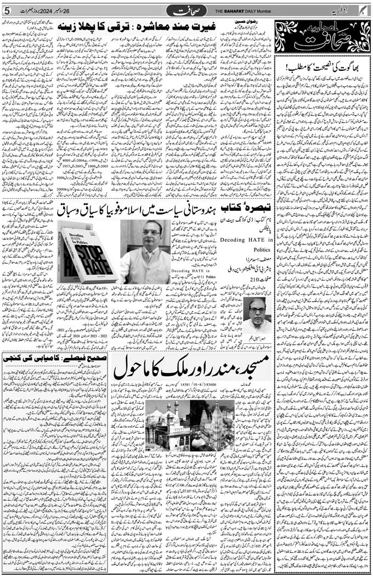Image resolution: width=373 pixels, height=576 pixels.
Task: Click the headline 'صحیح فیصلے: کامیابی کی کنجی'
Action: pos(55,357)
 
